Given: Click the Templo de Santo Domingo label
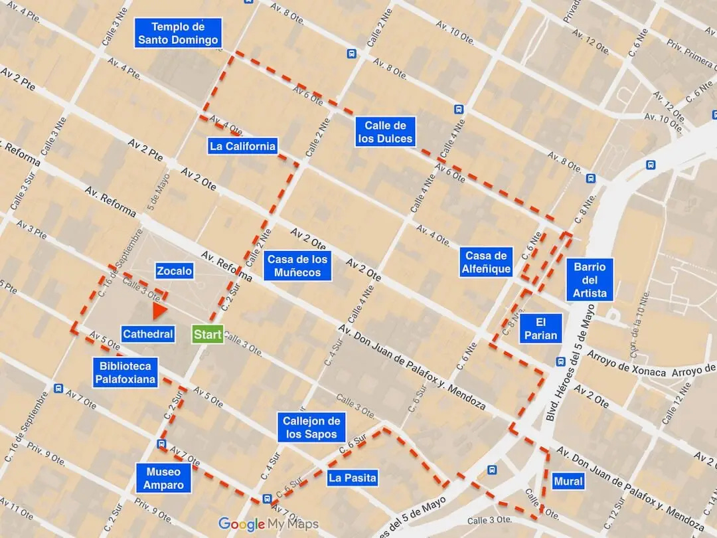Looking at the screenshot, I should [x=177, y=33].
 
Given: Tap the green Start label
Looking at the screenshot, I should [x=208, y=335].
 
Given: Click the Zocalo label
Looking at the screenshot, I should [x=175, y=271].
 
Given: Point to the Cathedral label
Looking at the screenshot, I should [x=148, y=335].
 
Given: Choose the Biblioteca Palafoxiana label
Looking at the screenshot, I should [x=125, y=373].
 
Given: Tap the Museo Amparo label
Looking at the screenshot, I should [x=163, y=478].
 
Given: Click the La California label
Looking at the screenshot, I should [x=242, y=146].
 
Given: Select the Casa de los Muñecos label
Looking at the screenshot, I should [x=297, y=266].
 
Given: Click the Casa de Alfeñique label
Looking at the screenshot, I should [x=487, y=262].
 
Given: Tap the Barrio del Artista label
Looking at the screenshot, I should [x=590, y=280].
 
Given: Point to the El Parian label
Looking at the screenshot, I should [x=541, y=328].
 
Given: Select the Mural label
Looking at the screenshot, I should [x=568, y=481].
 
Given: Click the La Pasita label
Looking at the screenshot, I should [x=353, y=478].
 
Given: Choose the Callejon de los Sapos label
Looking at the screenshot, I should [x=311, y=428].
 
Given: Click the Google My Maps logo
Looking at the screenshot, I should [x=268, y=524].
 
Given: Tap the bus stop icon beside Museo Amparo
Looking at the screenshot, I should [x=161, y=444].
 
